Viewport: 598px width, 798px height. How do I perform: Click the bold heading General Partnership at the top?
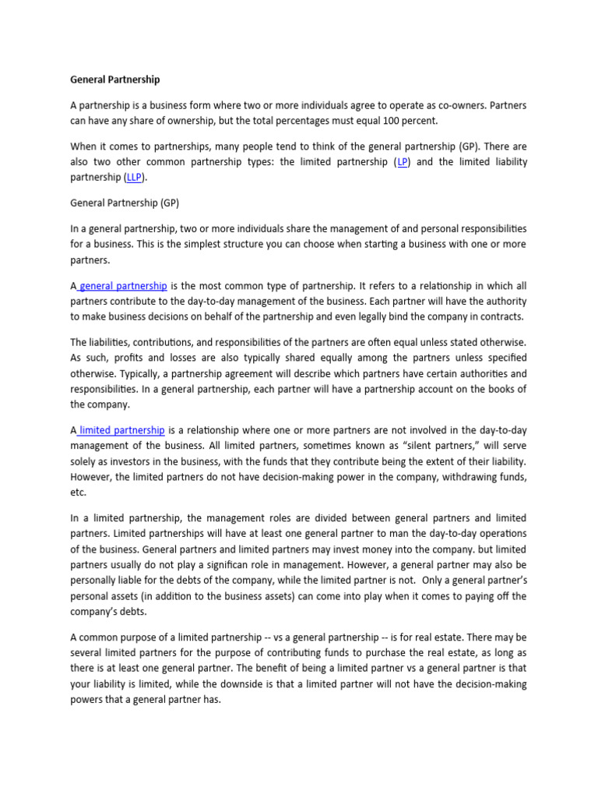(x=115, y=79)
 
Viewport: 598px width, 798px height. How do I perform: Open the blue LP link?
(x=403, y=162)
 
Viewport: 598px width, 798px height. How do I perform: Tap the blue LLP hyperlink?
(x=134, y=177)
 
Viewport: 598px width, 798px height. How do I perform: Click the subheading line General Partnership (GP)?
(x=125, y=203)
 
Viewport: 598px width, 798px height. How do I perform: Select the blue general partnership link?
(x=123, y=286)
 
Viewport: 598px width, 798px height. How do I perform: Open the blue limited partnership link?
(x=121, y=429)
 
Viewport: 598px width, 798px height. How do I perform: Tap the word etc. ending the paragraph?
(x=78, y=492)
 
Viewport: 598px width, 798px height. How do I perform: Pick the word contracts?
(x=501, y=316)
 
